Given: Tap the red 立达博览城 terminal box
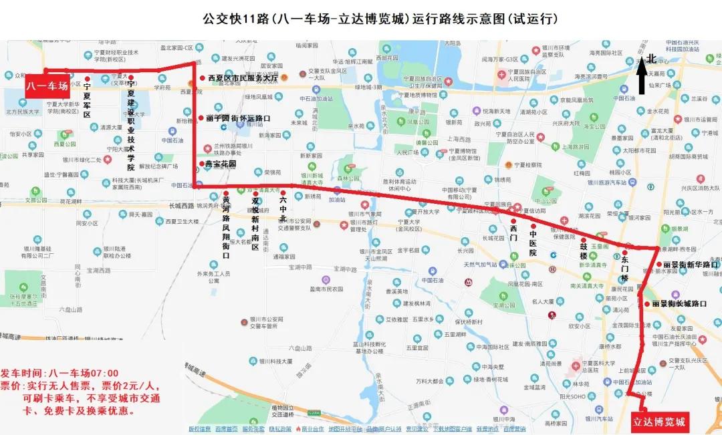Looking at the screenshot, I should (659, 422).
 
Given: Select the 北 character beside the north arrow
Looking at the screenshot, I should (652, 59).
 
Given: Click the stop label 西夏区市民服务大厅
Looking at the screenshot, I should (243, 78).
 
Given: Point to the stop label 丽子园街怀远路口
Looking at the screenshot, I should (238, 118).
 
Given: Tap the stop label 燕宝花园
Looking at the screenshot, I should (221, 164).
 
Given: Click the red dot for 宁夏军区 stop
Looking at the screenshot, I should (87, 80).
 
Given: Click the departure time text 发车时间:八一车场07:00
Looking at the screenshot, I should (59, 373).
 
